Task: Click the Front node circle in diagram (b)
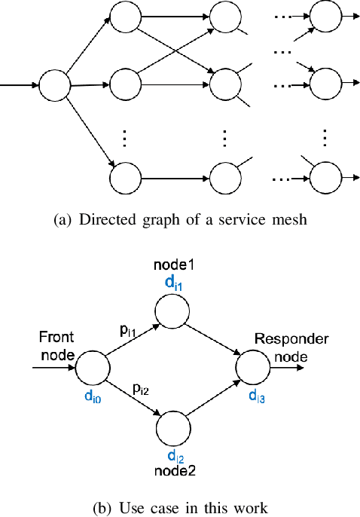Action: coord(93,369)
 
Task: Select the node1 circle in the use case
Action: coord(172,308)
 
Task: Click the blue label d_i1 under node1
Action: coord(172,283)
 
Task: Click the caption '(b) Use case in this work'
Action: coord(179,508)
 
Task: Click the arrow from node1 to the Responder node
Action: coord(213,339)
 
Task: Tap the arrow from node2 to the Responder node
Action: coord(213,399)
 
